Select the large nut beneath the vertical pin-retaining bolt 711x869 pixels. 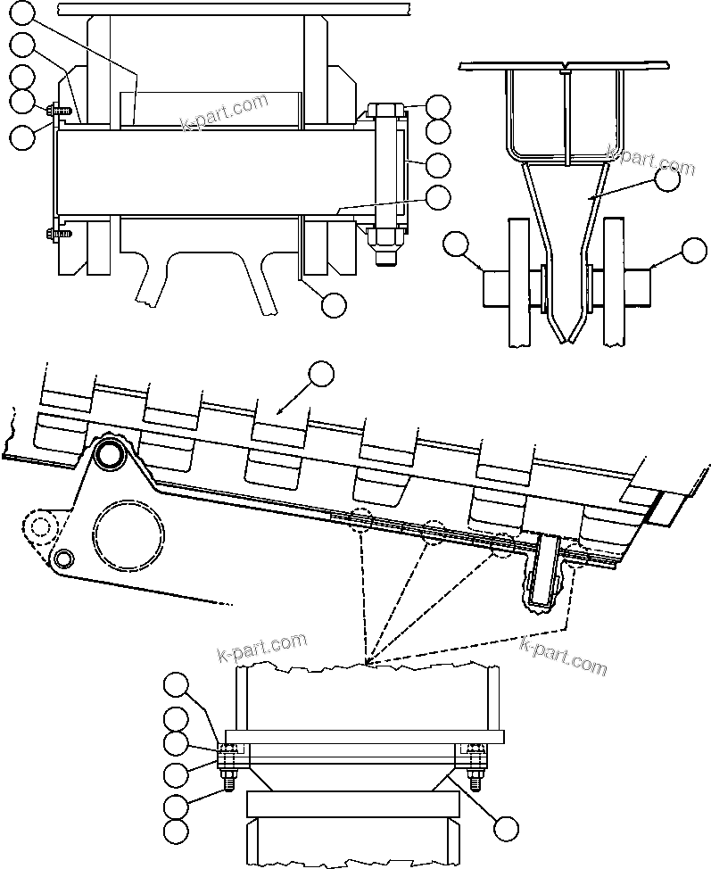coord(384,237)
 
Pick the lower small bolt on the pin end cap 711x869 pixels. coord(52,235)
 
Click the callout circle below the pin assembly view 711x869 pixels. coord(333,304)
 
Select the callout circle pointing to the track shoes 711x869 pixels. coord(320,373)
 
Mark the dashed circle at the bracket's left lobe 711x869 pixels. coord(37,526)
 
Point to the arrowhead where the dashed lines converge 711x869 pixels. coord(368,665)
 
